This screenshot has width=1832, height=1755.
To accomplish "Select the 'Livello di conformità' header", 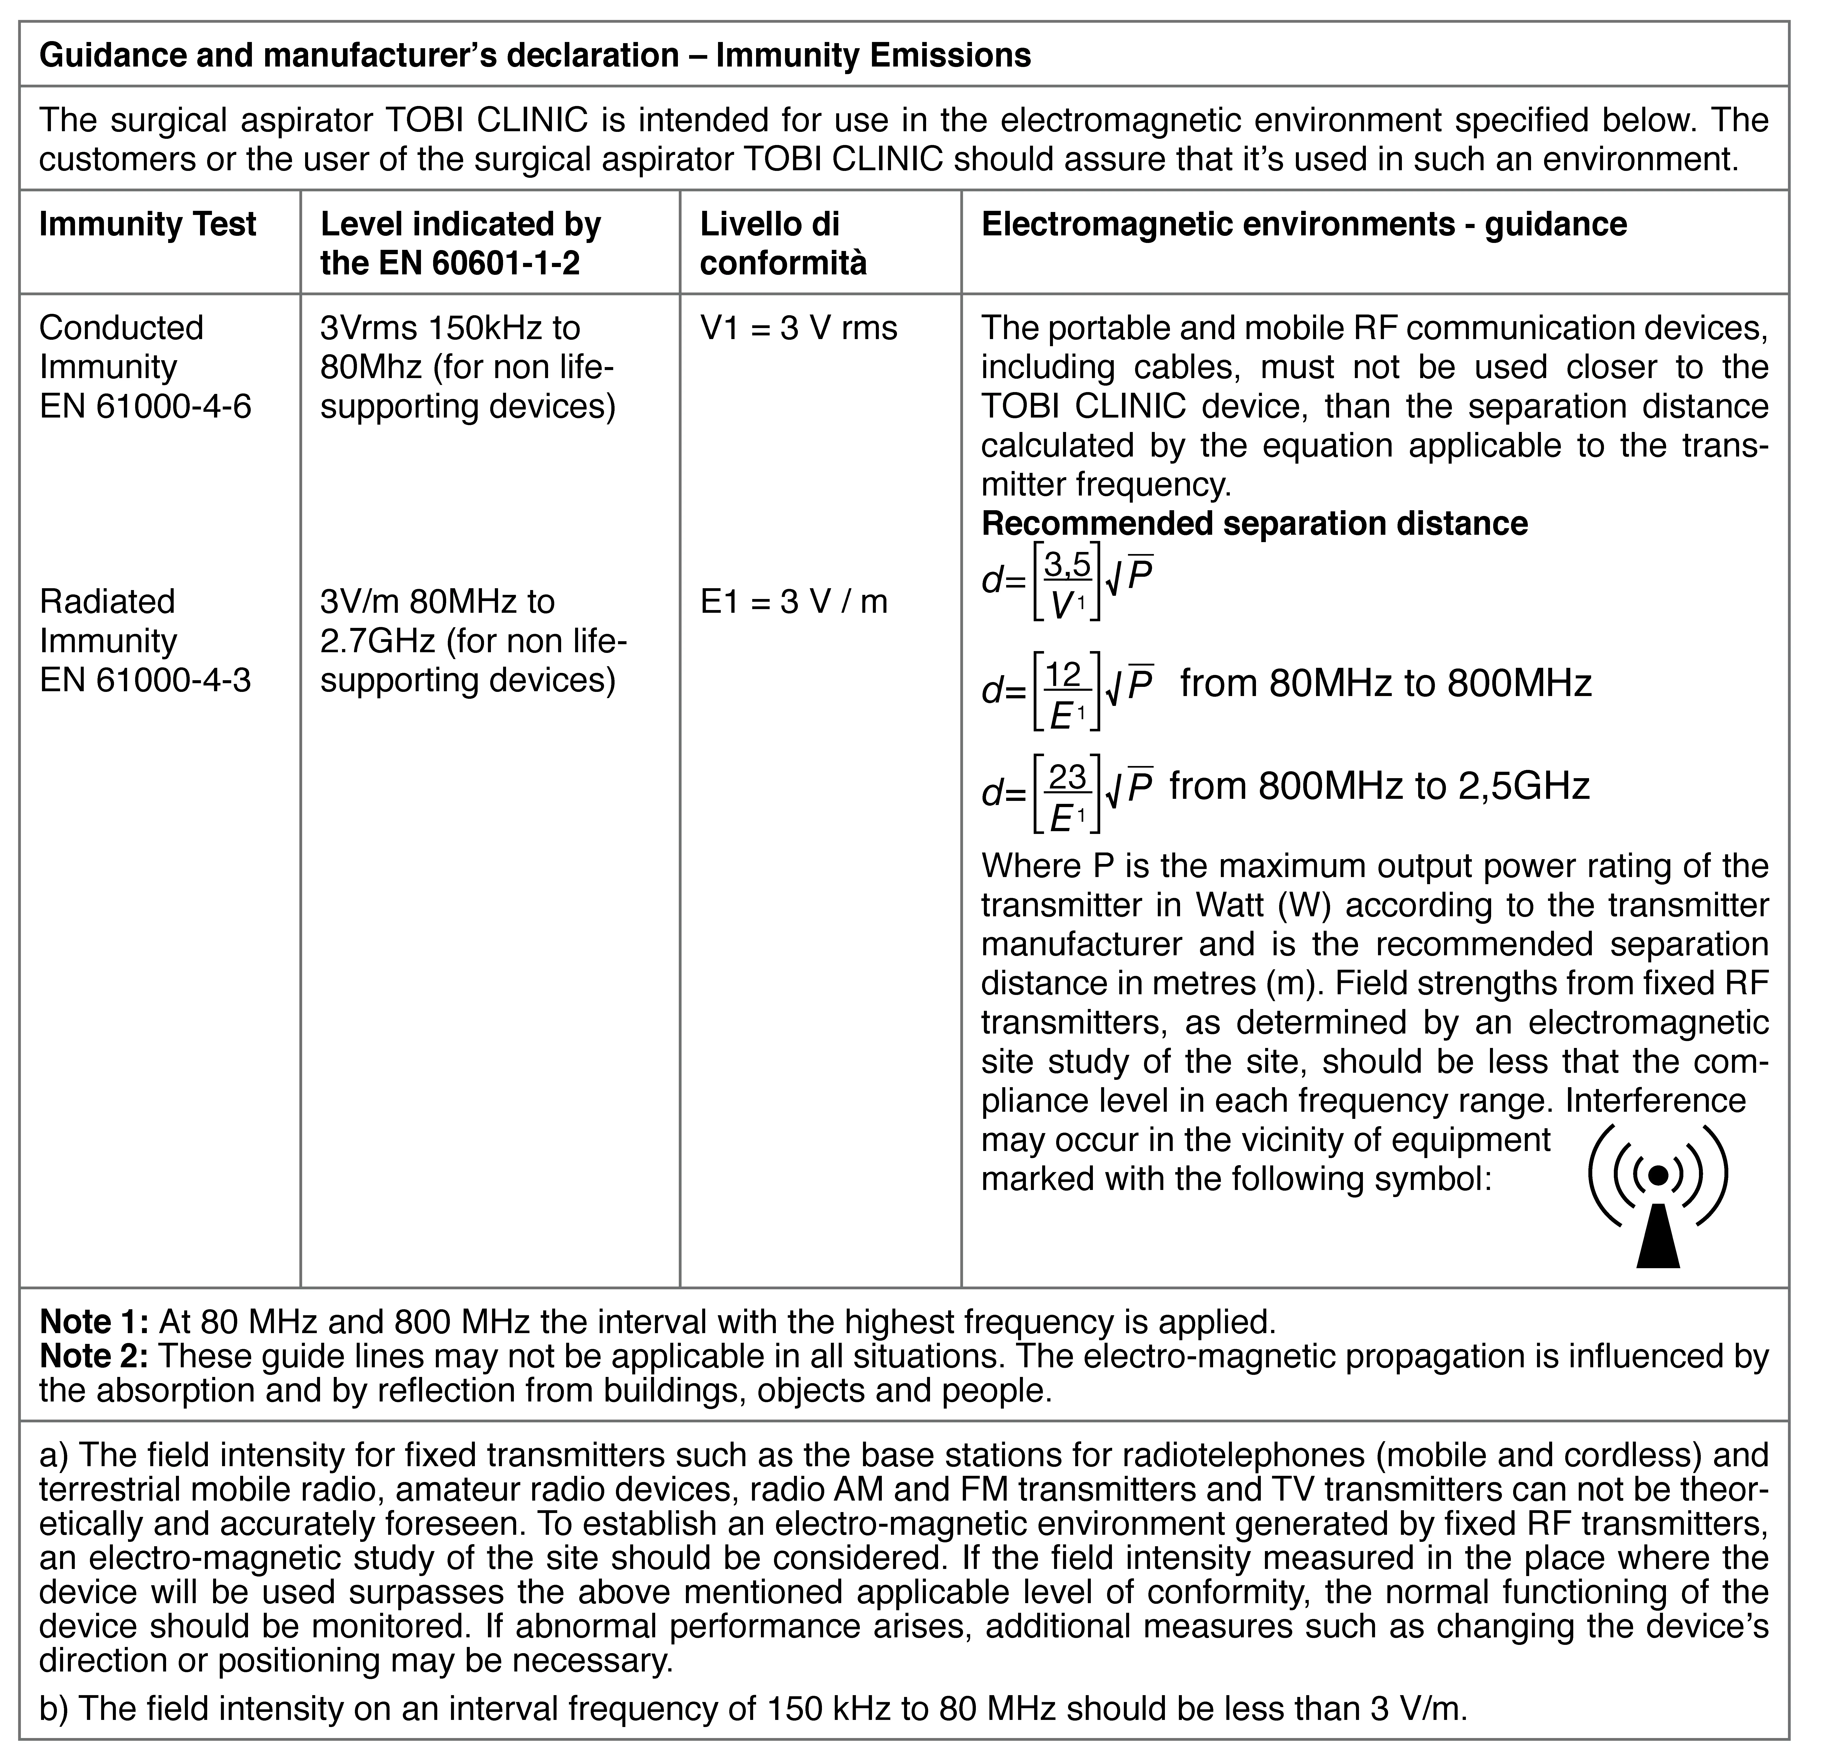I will click(x=783, y=244).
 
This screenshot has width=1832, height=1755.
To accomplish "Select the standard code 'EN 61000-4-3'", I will click(x=145, y=680).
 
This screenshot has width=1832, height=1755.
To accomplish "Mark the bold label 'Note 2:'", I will click(x=93, y=1357).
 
